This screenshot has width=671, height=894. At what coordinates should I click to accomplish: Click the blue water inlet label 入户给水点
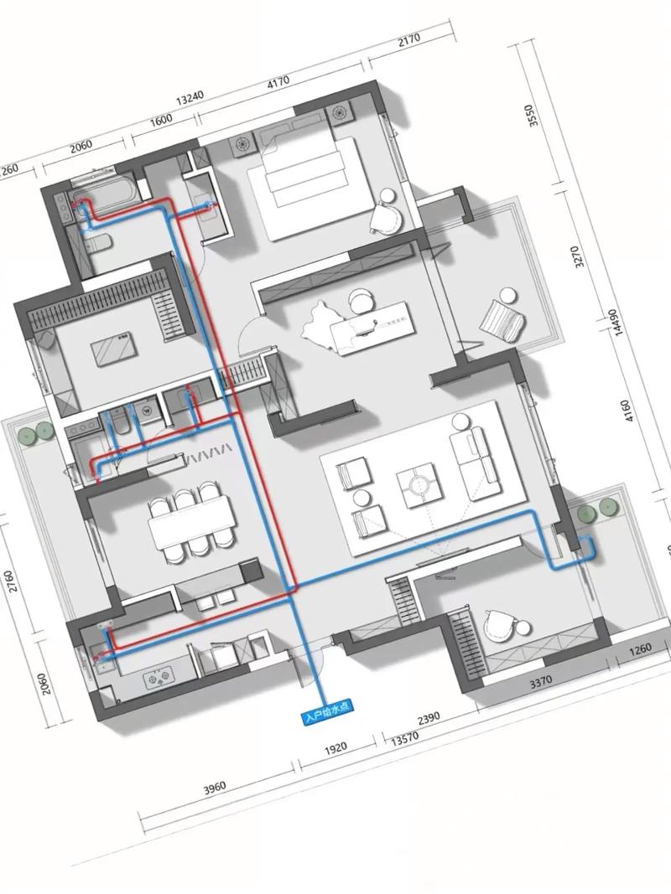click(327, 713)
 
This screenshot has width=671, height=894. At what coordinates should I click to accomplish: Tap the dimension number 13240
click(190, 99)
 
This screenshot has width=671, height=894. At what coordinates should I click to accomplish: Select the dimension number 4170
click(278, 81)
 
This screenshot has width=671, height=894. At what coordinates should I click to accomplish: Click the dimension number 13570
click(405, 738)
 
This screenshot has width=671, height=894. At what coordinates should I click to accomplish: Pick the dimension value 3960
click(215, 788)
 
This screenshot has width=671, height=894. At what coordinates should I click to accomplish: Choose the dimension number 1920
click(335, 747)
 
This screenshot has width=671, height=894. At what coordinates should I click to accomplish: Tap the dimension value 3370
click(540, 681)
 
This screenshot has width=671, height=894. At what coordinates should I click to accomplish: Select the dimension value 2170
click(408, 39)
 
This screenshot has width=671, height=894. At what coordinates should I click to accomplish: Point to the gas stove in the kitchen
click(159, 678)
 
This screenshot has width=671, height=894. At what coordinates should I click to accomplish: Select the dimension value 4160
click(627, 411)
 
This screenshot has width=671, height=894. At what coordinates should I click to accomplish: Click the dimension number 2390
click(429, 718)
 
